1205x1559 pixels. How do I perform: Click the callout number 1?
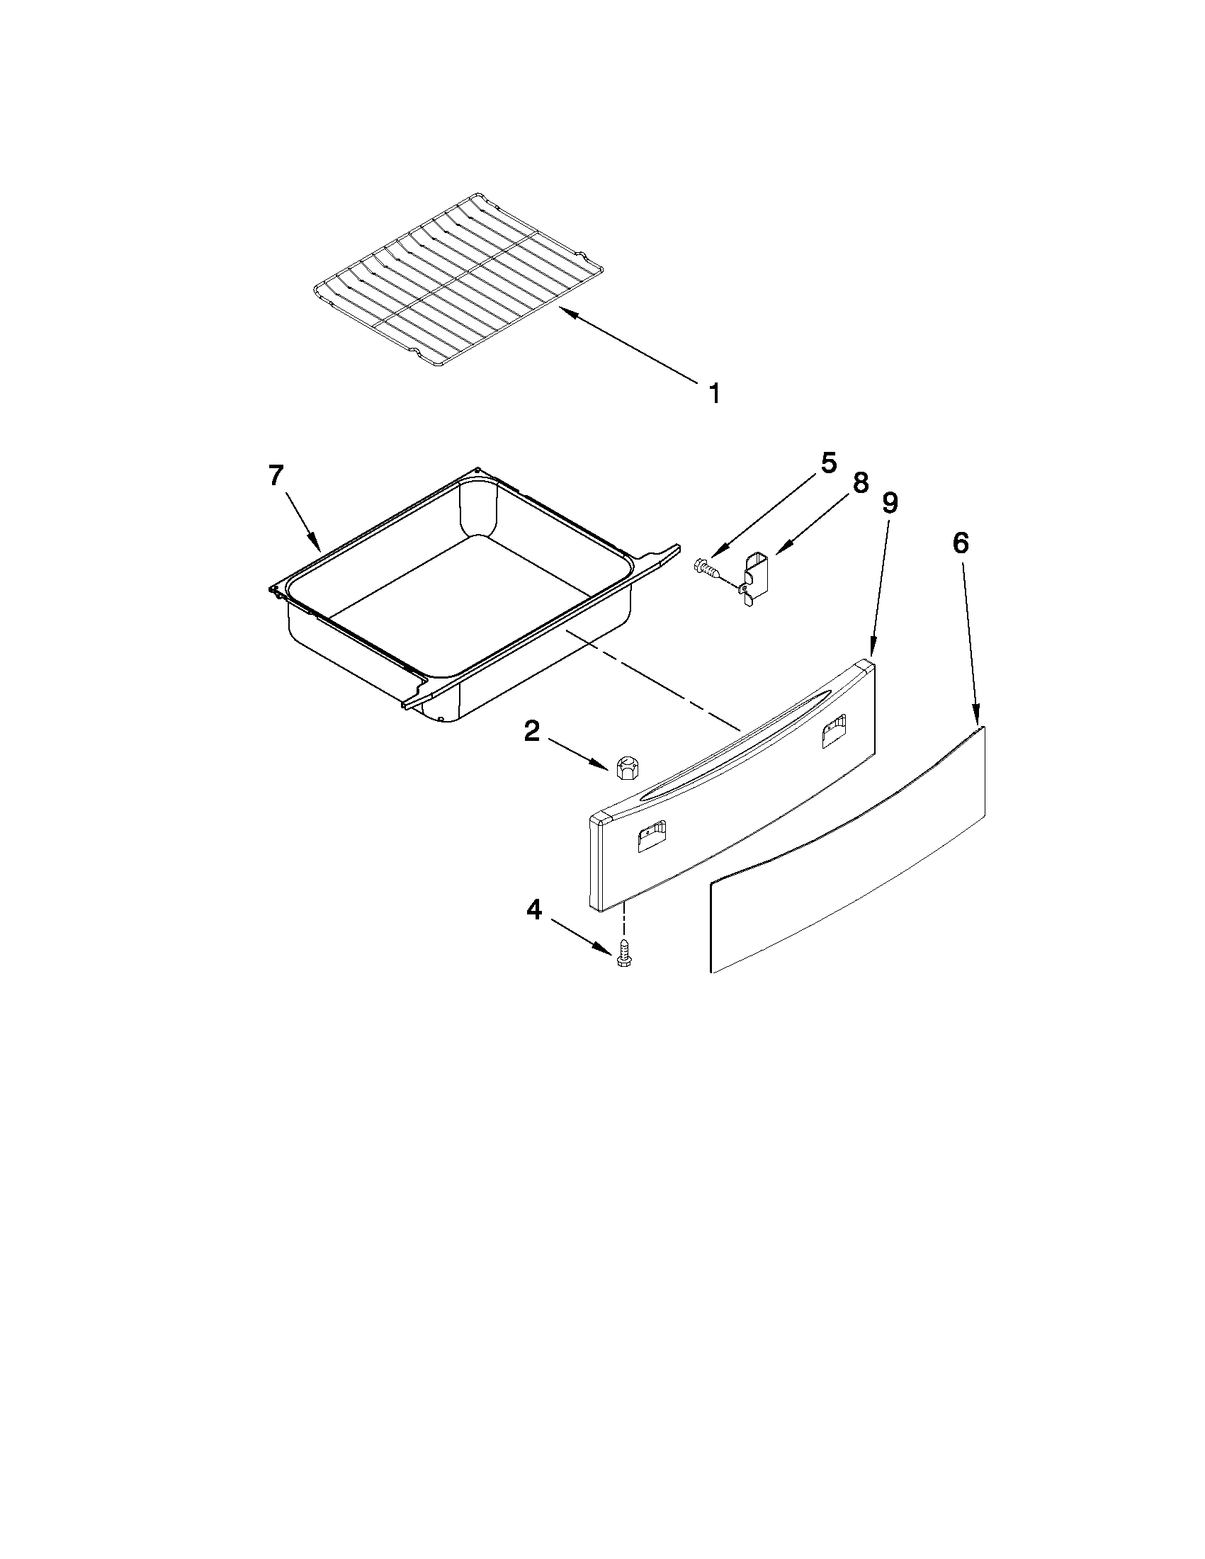pyautogui.click(x=714, y=393)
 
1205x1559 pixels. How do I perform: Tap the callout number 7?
pyautogui.click(x=276, y=475)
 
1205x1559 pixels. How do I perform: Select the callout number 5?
pyautogui.click(x=827, y=463)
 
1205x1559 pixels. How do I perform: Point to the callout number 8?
pyautogui.click(x=860, y=483)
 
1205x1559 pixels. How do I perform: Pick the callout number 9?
pyautogui.click(x=890, y=503)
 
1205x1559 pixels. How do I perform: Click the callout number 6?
pyautogui.click(x=961, y=543)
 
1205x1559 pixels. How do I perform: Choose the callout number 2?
pyautogui.click(x=532, y=731)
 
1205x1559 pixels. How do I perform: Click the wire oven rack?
pyautogui.click(x=457, y=278)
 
